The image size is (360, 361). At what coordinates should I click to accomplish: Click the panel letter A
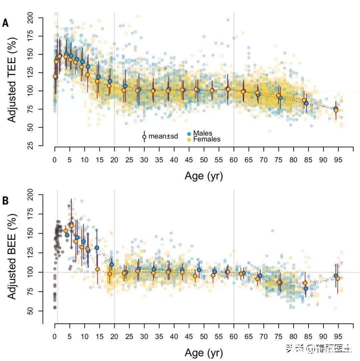(5, 23)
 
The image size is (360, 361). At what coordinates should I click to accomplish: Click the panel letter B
(5, 201)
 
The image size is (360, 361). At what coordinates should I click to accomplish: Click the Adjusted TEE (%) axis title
(12, 82)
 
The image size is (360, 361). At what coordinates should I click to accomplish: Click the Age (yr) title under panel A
(204, 176)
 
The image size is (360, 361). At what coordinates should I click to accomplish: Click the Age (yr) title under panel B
(204, 353)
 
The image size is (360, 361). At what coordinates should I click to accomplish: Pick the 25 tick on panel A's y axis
(36, 146)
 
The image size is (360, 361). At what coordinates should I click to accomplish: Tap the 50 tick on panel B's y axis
(36, 311)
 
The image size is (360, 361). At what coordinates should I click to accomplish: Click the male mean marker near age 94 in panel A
(336, 109)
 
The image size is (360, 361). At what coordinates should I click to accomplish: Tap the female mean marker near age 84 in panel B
(305, 283)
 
